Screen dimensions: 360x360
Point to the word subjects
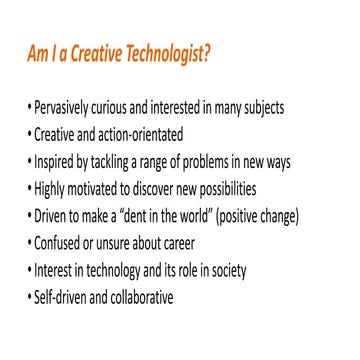click(287, 107)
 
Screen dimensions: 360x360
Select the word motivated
click(101, 188)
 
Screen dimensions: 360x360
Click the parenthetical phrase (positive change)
click(276, 215)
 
